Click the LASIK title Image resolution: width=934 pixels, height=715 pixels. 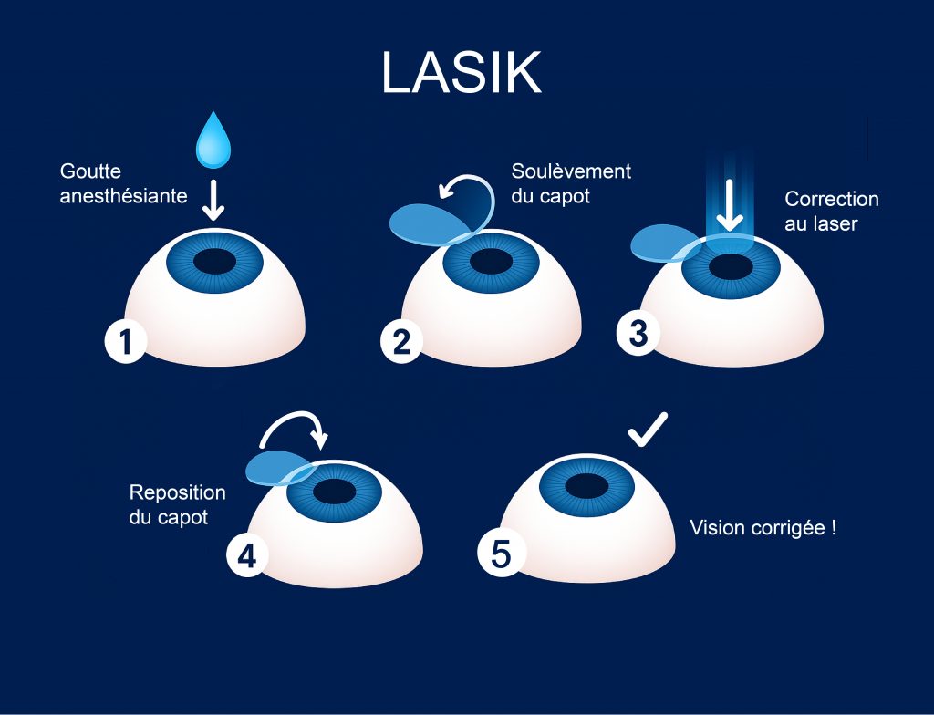click(x=461, y=72)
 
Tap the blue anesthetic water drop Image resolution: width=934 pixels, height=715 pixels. click(x=212, y=141)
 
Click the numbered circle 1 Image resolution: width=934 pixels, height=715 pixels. click(x=125, y=342)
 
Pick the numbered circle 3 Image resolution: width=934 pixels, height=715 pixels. click(x=638, y=333)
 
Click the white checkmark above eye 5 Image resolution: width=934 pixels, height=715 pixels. click(x=648, y=430)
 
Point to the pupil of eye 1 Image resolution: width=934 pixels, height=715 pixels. click(x=214, y=261)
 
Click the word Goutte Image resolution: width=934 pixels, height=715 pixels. click(x=90, y=171)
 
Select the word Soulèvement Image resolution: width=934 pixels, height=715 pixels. click(x=571, y=171)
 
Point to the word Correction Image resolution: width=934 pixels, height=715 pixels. click(x=832, y=199)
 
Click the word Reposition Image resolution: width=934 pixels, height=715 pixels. click(x=177, y=492)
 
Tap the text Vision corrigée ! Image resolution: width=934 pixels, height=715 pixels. click(x=763, y=528)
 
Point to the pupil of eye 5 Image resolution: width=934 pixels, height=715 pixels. click(x=586, y=484)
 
